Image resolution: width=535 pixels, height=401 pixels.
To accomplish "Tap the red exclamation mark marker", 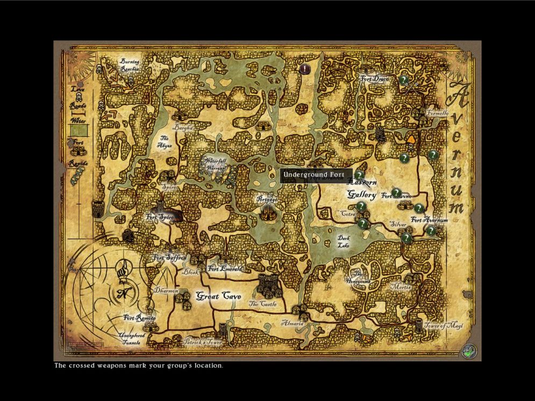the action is point(305,69).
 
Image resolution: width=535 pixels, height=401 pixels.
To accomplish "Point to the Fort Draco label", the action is point(375,80).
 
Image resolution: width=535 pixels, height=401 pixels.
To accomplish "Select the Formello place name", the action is point(437,113).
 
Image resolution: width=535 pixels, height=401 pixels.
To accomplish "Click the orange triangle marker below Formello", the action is point(411,138).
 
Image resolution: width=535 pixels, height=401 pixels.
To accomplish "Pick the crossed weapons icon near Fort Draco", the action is point(413,85).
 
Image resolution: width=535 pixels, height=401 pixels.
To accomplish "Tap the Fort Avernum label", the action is point(429,220).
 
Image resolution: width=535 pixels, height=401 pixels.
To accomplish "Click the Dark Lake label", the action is point(344,241).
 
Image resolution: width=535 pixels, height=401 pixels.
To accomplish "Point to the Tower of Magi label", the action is point(443,326).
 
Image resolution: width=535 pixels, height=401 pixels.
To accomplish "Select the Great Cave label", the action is point(218,296).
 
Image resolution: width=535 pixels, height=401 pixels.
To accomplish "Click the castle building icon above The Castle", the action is point(267,283).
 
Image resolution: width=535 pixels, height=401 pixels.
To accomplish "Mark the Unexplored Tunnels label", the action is point(132,339).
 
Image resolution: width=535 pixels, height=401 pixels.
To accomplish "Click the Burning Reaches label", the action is point(130,65).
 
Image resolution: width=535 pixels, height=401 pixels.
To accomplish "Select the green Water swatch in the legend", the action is point(79,130).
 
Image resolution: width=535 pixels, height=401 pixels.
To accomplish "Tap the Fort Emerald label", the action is point(225,268).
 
